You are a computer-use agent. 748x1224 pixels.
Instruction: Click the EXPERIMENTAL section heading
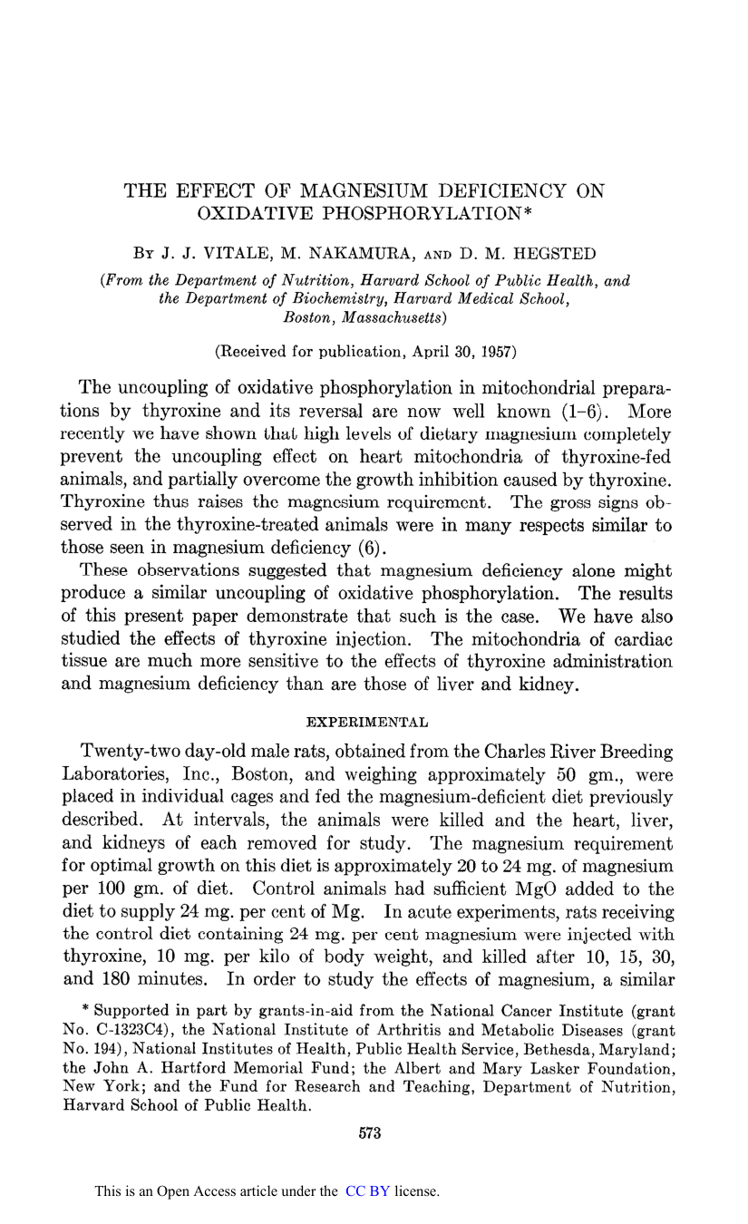[367, 723]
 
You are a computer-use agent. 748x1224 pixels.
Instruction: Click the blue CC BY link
[367, 1191]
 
